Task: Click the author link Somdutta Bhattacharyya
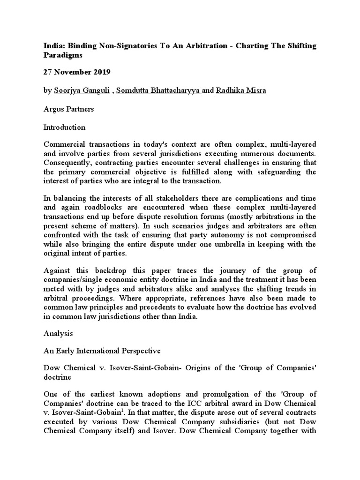158,90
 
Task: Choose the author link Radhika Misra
240,90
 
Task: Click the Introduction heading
64,127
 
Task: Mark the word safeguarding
276,172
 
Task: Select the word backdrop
110,270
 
